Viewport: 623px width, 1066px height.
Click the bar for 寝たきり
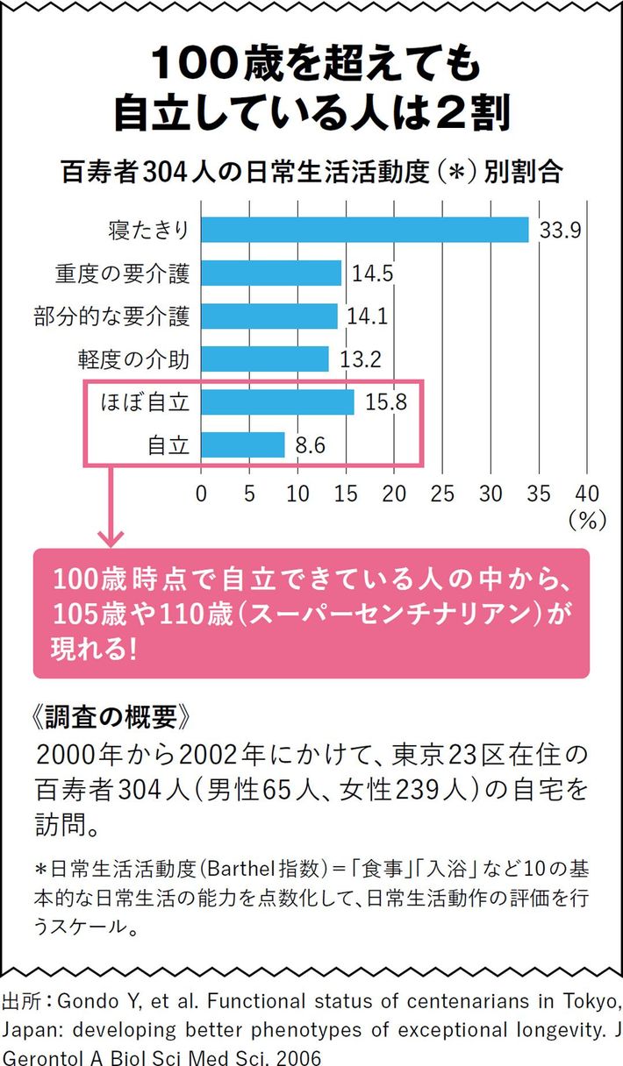coord(365,230)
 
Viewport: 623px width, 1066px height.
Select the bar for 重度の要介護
coord(271,273)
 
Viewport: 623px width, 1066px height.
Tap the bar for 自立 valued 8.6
coord(243,445)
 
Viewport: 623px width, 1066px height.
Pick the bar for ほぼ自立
coord(277,402)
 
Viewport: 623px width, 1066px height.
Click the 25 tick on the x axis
coord(442,493)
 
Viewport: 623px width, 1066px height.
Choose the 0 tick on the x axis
coord(202,493)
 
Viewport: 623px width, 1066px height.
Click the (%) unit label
coord(587,520)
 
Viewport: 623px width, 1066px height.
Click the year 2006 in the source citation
coord(296,1056)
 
